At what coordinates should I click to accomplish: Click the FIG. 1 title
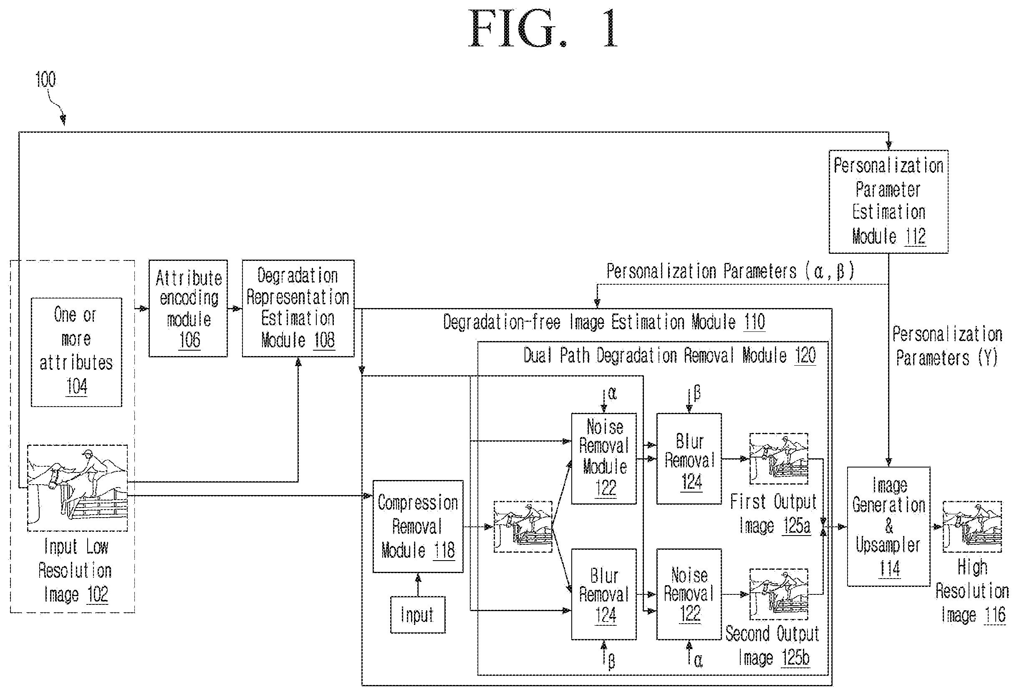coord(543,29)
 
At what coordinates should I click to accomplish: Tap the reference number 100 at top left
coord(45,80)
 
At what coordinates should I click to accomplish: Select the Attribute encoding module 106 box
coord(188,308)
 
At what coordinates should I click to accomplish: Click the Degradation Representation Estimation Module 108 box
coord(298,308)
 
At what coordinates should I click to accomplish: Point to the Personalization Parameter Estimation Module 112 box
coord(888,202)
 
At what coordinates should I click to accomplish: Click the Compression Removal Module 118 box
coord(418,526)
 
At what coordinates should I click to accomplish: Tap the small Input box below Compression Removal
coord(418,615)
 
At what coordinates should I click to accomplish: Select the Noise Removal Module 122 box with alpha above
coord(604,459)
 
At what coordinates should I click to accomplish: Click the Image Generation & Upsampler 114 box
coord(889,526)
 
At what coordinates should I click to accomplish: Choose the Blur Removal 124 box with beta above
coord(689,459)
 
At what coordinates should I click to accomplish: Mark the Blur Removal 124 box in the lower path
coord(604,594)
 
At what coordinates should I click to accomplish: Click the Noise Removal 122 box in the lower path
coord(689,594)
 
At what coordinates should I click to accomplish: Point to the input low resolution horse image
coord(78,488)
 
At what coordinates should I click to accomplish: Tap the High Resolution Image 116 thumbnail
coord(972,526)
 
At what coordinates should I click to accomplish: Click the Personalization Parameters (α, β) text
coord(730,271)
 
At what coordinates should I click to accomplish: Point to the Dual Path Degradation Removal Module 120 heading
coord(669,355)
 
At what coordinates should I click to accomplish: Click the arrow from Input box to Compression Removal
coord(418,585)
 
